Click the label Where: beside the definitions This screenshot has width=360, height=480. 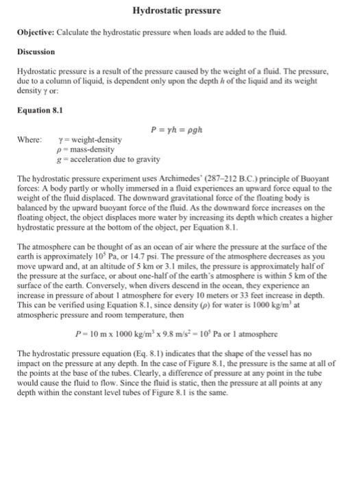[29, 141]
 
